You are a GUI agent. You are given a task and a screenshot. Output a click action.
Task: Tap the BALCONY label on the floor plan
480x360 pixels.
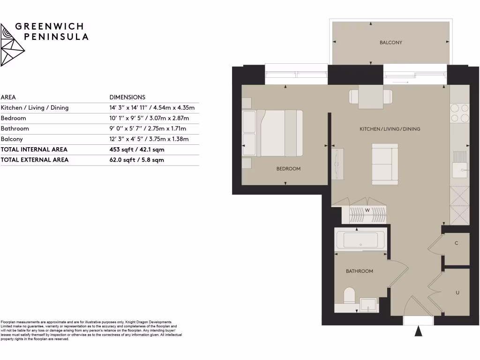390,43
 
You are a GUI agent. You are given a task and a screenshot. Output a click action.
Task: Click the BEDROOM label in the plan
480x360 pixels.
288,169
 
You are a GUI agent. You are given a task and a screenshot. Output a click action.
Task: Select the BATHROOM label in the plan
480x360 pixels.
359,271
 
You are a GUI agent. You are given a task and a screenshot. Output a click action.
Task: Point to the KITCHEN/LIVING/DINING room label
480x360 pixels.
390,129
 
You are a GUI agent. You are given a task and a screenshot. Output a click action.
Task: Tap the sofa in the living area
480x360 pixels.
385,164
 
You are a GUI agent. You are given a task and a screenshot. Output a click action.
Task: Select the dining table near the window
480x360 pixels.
371,97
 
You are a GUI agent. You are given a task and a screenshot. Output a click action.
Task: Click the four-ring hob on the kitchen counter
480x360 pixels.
459,113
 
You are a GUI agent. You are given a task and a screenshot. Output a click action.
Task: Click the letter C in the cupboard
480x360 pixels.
457,243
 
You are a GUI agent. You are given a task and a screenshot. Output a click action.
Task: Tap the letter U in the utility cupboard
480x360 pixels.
457,293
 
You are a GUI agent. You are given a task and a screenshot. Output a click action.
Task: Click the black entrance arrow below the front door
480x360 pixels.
419,331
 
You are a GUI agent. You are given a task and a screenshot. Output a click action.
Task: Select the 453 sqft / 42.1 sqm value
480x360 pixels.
137,150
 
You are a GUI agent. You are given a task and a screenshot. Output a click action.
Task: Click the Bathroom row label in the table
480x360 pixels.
15,128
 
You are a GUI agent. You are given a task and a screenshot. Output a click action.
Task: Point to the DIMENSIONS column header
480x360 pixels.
127,97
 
